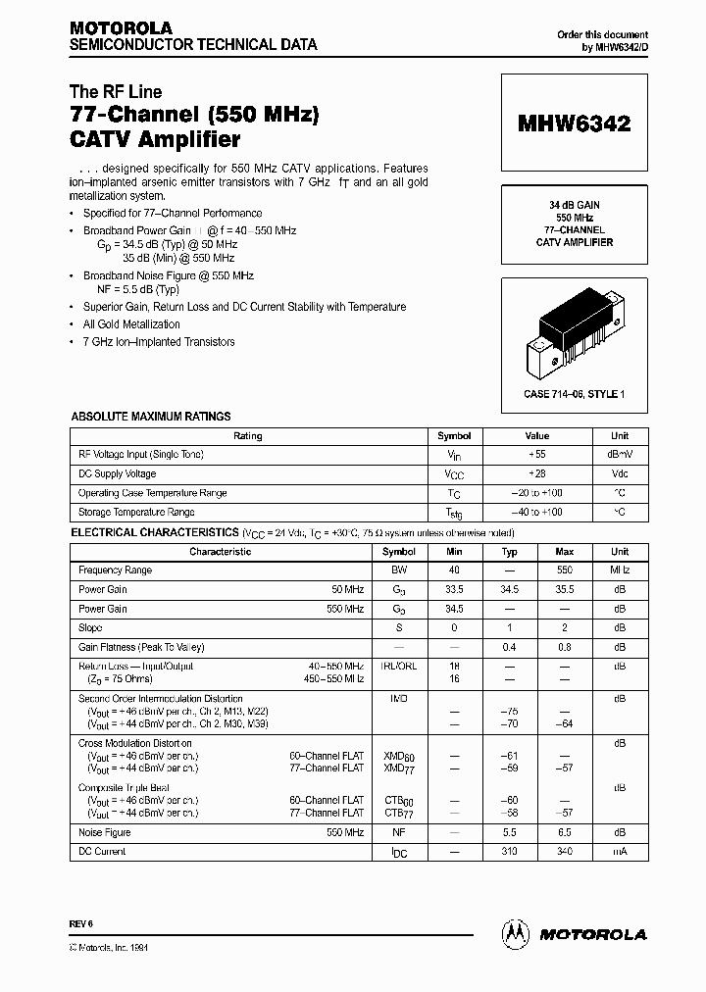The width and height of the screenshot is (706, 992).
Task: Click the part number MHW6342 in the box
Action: point(575,124)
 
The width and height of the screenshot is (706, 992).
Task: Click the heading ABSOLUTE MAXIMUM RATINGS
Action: point(151,417)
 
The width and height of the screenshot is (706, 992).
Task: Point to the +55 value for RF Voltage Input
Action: point(536,455)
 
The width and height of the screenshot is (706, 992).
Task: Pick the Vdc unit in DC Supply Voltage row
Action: point(619,474)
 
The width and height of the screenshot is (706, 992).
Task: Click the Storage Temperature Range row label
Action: point(136,513)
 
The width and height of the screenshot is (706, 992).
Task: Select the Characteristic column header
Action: point(221,552)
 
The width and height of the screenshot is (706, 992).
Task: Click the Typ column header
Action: point(509,552)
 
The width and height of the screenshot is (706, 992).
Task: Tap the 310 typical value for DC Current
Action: point(509,852)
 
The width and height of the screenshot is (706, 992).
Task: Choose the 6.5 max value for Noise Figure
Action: point(564,833)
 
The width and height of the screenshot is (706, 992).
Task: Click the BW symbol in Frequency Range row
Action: point(399,570)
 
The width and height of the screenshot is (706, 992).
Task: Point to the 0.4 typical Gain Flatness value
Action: point(509,647)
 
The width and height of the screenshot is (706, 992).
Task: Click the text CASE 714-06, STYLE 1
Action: point(575,394)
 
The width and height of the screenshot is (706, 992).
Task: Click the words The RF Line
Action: point(116,92)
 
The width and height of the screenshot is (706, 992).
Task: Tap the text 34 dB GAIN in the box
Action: point(575,204)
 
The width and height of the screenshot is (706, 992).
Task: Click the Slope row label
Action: point(90,628)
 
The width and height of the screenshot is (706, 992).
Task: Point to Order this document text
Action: point(602,34)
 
